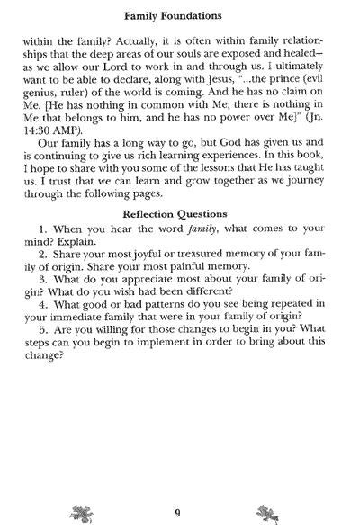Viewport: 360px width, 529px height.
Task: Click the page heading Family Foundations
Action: click(x=181, y=13)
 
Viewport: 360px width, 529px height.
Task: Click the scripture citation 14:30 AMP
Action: click(x=67, y=142)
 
